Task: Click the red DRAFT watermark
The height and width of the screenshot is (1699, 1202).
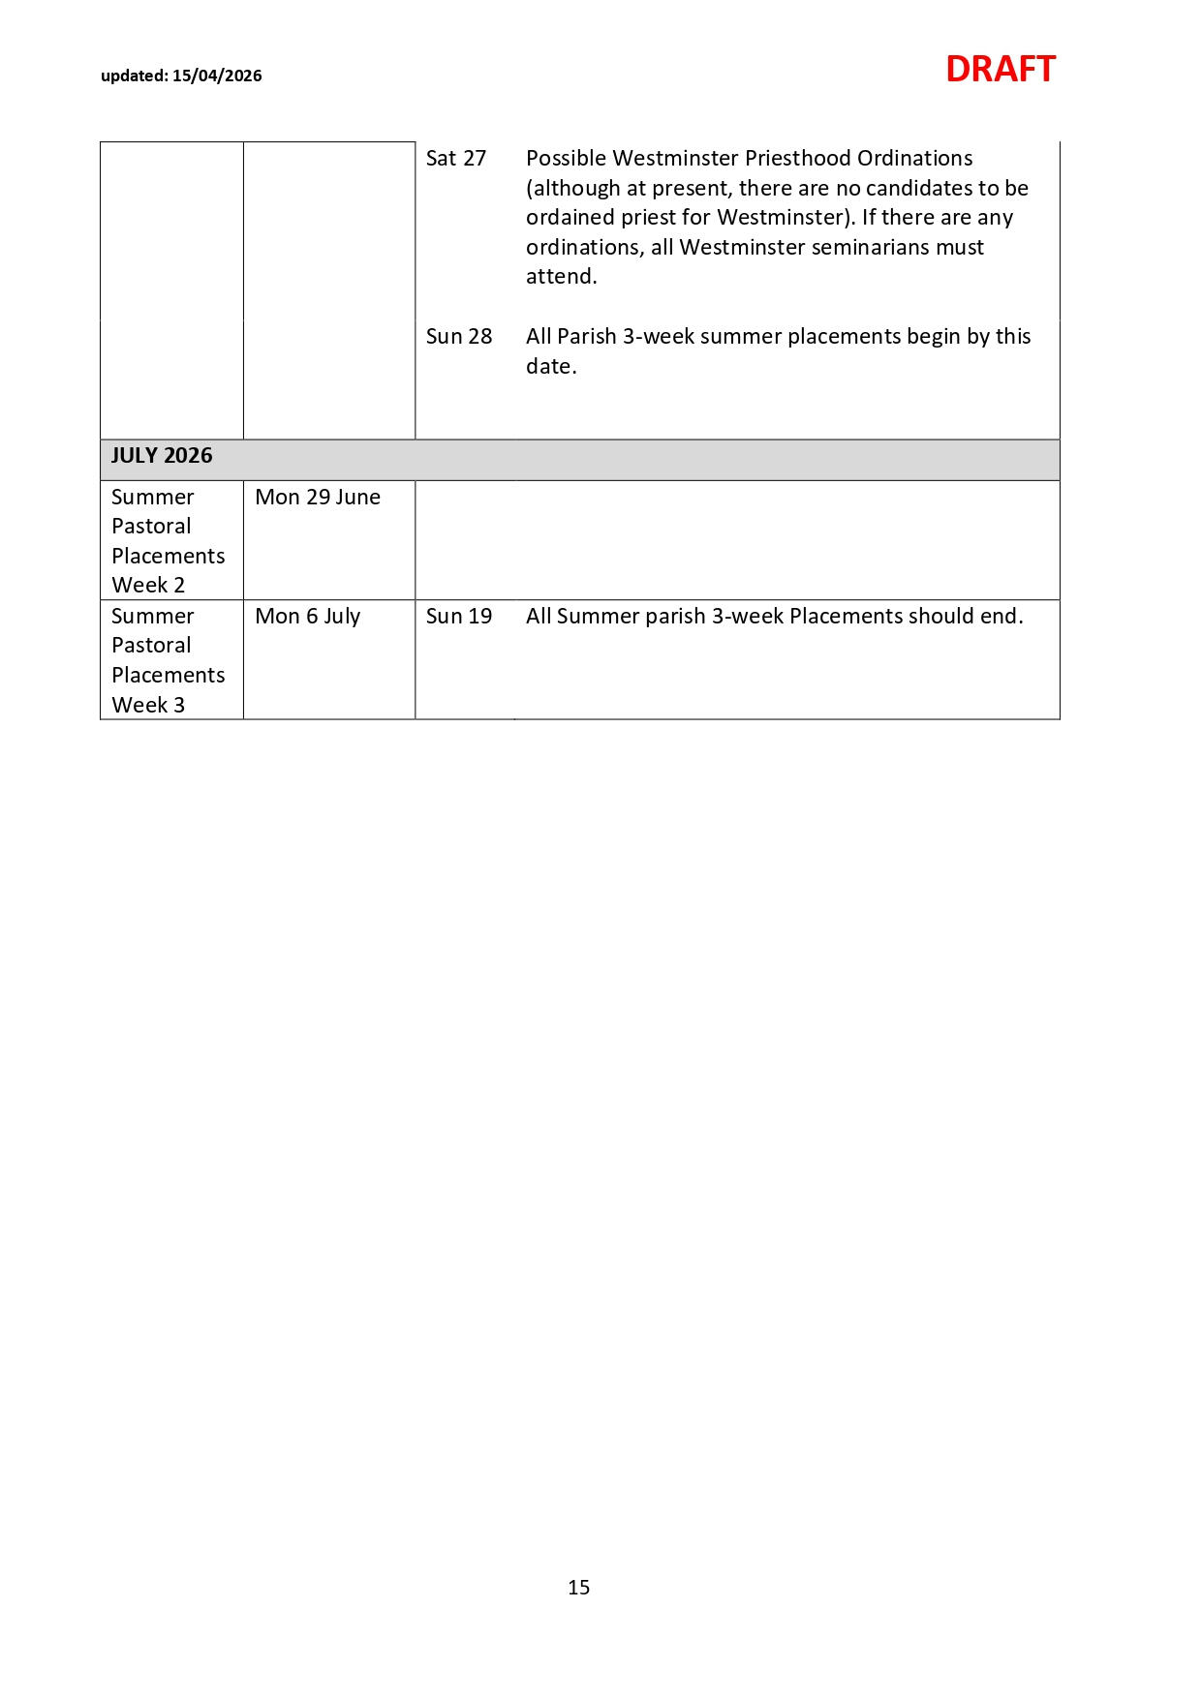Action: [1000, 70]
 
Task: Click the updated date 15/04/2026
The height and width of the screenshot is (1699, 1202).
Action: [217, 76]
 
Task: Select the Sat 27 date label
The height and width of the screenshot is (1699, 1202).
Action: [456, 158]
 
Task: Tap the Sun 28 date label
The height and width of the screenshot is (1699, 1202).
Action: [459, 336]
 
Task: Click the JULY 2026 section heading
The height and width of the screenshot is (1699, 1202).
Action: [162, 456]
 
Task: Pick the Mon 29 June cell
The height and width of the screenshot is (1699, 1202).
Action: [318, 497]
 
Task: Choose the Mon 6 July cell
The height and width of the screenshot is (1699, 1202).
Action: [307, 616]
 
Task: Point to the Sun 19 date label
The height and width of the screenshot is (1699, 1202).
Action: [459, 616]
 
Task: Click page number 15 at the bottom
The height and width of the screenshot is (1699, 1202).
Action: [579, 1587]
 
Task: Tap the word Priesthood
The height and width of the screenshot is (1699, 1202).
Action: [797, 158]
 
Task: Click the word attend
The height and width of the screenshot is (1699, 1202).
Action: [561, 276]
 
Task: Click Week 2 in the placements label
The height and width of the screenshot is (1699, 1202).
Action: [148, 585]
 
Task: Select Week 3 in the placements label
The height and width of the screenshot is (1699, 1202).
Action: [148, 705]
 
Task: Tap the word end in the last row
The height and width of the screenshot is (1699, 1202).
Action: [1001, 616]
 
